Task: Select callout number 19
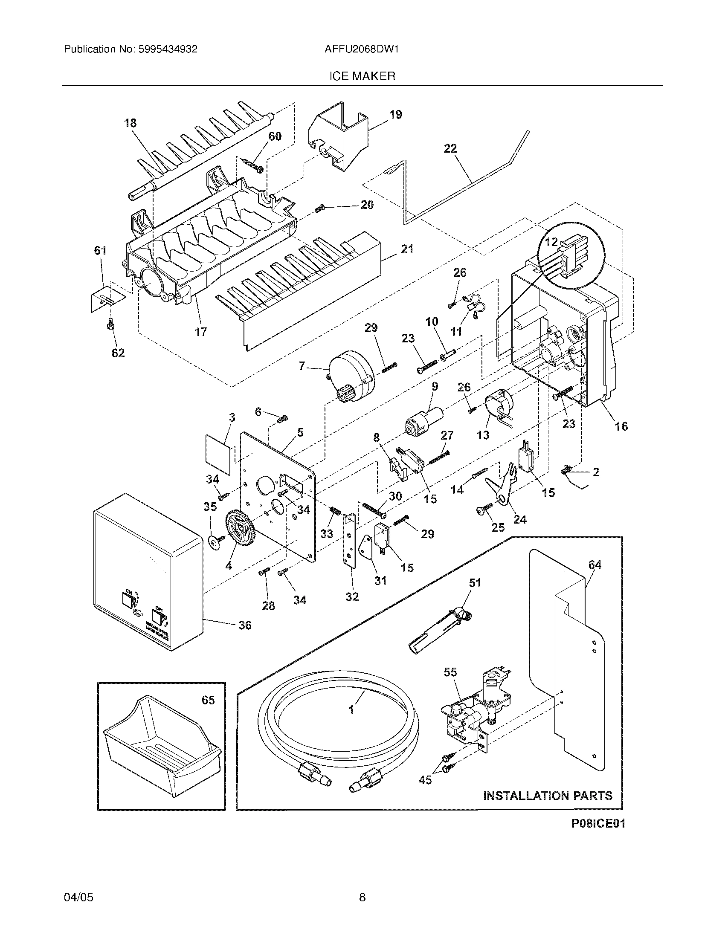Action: (395, 115)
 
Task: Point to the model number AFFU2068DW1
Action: (362, 49)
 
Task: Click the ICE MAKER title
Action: (362, 76)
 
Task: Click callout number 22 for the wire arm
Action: (450, 149)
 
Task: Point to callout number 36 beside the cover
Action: (245, 625)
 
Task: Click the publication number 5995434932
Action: (168, 49)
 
